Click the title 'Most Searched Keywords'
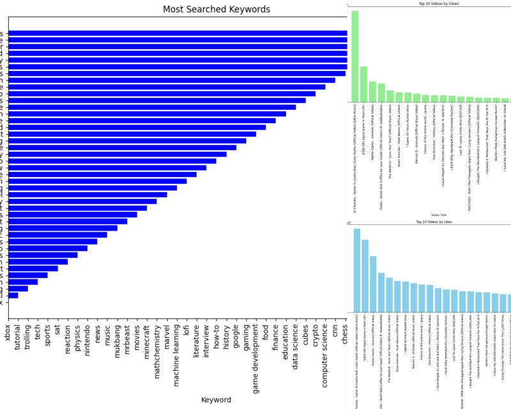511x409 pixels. tap(216, 10)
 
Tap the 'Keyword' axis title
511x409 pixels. tap(216, 399)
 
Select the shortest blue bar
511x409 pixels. tap(13, 295)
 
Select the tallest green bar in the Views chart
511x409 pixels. tap(355, 56)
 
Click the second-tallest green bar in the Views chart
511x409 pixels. tap(364, 84)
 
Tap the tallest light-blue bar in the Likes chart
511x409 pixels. tap(357, 270)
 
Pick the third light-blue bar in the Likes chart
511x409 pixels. tap(373, 284)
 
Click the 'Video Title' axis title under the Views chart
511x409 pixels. tap(439, 215)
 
